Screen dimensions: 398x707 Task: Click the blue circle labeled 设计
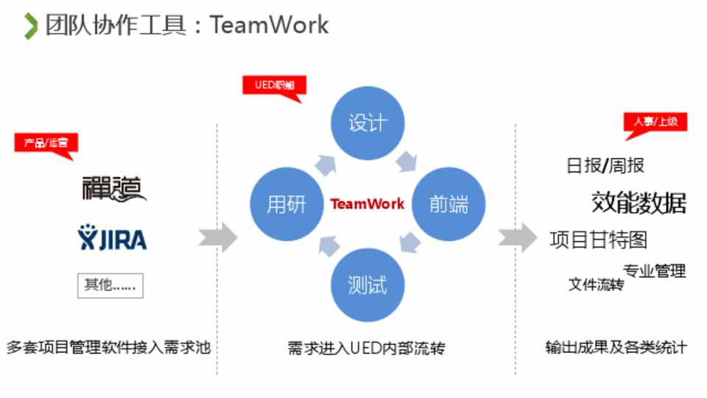click(367, 122)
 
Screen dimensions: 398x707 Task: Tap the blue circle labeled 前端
click(448, 204)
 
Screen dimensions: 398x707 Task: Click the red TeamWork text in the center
click(367, 204)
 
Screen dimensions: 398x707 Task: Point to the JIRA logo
click(112, 239)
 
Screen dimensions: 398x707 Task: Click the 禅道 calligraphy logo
click(114, 189)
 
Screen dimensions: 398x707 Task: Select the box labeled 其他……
click(110, 285)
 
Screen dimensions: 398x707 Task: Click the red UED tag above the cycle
click(273, 85)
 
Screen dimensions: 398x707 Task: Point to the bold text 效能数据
click(639, 203)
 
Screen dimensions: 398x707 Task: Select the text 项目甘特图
click(598, 240)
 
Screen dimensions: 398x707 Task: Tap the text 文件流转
click(596, 284)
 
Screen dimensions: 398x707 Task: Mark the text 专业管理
click(654, 270)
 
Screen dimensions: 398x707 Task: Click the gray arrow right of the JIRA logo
click(218, 238)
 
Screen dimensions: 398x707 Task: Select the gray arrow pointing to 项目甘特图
click(518, 238)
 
